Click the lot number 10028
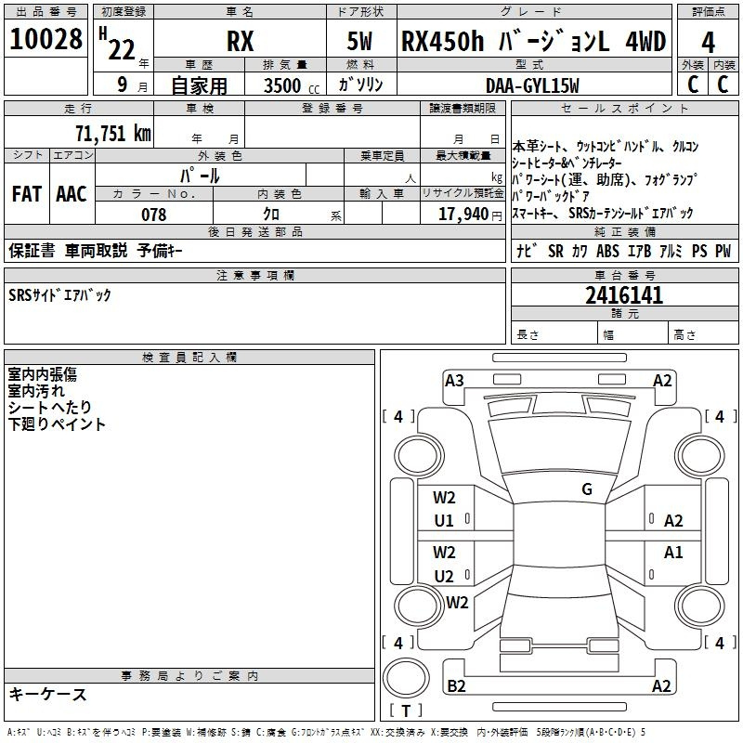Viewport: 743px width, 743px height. pos(46,39)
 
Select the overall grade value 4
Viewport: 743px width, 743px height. pos(708,43)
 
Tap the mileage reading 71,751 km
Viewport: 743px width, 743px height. pos(113,134)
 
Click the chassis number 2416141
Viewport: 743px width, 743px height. pos(624,295)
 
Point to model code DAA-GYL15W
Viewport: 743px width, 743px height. pos(532,85)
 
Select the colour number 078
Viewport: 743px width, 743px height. pos(154,215)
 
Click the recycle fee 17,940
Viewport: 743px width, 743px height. pos(463,215)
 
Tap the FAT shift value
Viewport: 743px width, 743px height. pos(27,194)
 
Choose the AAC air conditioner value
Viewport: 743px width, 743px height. pos(72,194)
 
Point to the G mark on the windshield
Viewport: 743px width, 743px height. pos(587,489)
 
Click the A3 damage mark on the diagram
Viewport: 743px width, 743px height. pos(454,381)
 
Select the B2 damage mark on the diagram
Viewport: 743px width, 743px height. pos(456,686)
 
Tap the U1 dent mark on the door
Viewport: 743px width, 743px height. pos(444,521)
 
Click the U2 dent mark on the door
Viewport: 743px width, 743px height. pos(444,576)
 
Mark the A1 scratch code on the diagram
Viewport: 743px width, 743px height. pos(673,552)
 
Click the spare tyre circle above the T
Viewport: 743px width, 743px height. pos(406,678)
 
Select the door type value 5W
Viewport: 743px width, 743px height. pos(359,41)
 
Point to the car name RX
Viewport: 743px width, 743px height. pos(240,41)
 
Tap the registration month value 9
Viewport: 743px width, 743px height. pos(123,85)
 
